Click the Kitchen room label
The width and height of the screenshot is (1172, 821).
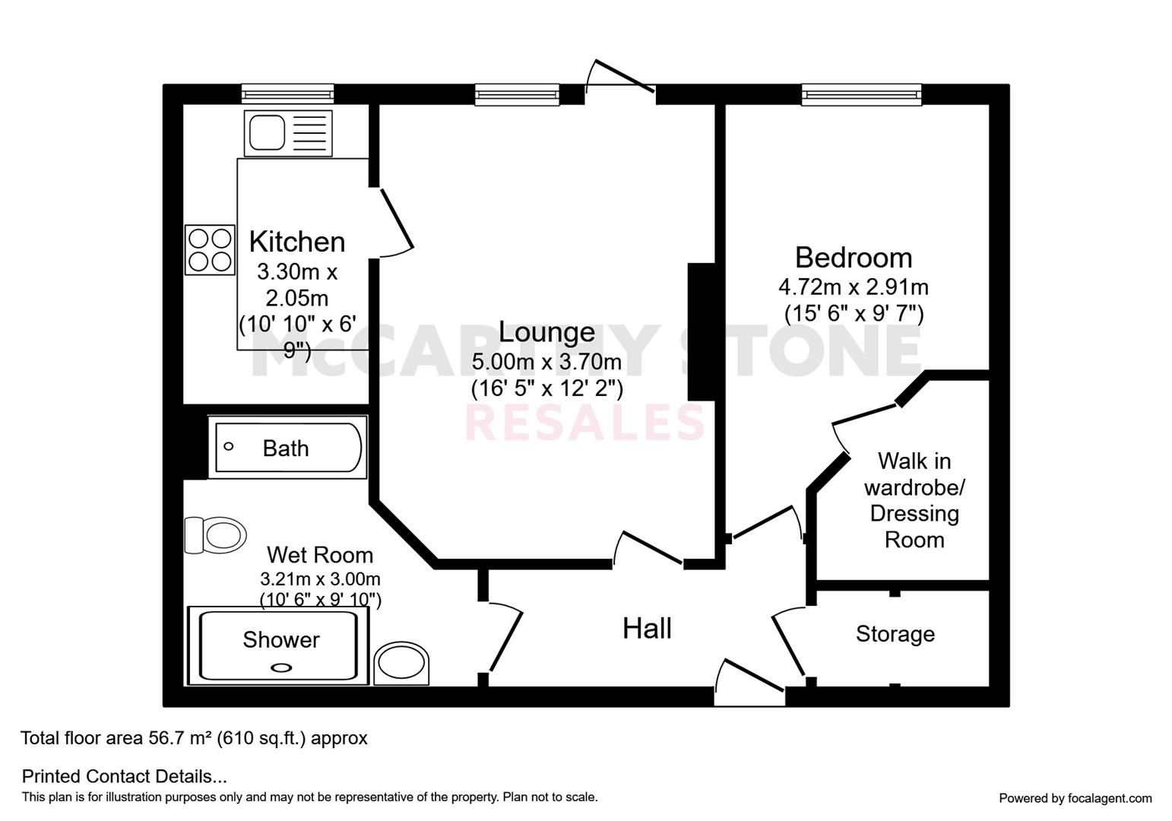point(296,242)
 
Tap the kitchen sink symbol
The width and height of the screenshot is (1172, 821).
point(288,133)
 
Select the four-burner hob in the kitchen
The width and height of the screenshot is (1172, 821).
point(210,250)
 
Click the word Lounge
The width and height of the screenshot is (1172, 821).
point(546,332)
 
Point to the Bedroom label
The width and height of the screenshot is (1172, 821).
point(854,258)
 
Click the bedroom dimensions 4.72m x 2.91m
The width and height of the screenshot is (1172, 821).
point(854,287)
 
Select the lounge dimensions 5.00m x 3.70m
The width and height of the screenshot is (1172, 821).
point(546,362)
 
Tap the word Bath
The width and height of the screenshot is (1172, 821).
point(286,449)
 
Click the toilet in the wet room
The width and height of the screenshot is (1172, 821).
point(216,534)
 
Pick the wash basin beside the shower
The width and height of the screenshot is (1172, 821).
point(401,664)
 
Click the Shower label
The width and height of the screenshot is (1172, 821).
point(281,639)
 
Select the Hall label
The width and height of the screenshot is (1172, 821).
point(647,629)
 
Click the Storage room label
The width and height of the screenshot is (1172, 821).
point(895,634)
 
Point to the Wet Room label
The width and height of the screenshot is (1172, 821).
point(320,555)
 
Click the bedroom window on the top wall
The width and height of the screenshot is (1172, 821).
point(862,95)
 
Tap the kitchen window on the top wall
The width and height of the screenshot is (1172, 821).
point(287,94)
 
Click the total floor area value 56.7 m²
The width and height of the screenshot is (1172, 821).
point(175,738)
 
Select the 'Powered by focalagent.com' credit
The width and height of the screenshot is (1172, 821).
point(1075,798)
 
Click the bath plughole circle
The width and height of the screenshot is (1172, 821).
point(228,446)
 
